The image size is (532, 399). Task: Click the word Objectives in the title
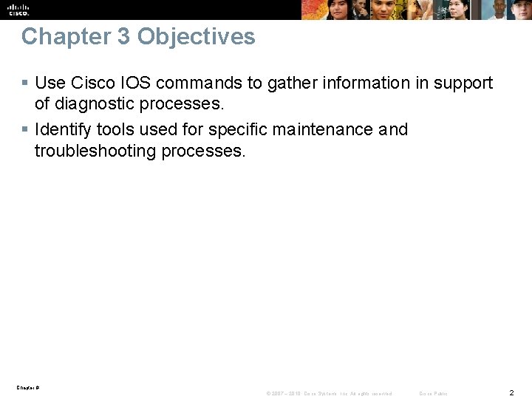196,37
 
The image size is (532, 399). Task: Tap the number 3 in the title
123,37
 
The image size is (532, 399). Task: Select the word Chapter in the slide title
65,37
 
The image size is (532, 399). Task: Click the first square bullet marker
25,83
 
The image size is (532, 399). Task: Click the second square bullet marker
25,130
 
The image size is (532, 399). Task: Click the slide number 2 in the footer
511,392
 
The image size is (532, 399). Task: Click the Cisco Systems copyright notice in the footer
329,393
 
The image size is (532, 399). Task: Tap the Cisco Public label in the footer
433,393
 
